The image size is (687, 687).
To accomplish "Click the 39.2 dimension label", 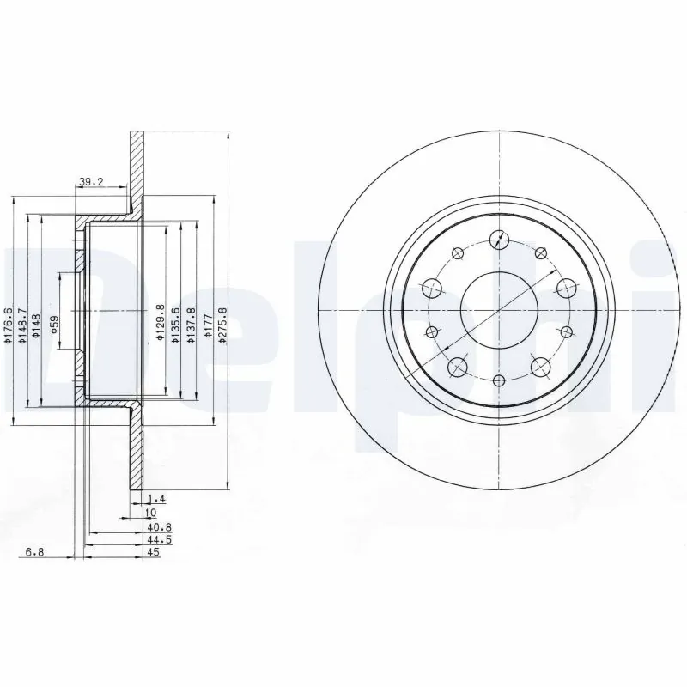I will [91, 181].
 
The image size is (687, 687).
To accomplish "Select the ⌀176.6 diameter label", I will [9, 326].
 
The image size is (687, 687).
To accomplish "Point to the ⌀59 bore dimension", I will [53, 324].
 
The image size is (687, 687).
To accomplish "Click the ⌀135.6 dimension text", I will [176, 325].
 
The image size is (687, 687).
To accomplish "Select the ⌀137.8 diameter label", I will [191, 325].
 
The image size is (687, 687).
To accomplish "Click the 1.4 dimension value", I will [156, 498].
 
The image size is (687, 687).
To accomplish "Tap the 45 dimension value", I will [155, 554].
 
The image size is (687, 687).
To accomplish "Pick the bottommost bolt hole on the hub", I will [499, 380].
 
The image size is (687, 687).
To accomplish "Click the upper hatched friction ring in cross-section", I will [137, 167].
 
